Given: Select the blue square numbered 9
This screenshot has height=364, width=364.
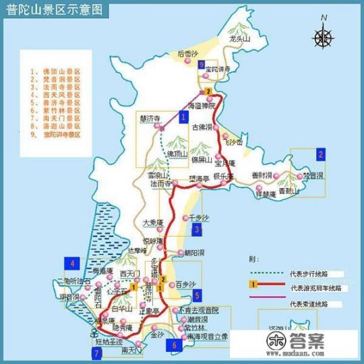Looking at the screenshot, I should (x=202, y=64).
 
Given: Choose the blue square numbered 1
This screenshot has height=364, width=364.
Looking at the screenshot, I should (x=183, y=117).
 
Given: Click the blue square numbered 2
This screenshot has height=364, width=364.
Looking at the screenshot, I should (x=322, y=154).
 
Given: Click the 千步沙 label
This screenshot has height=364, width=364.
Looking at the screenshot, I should (x=200, y=218).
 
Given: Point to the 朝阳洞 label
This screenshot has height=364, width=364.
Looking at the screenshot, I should (x=195, y=253).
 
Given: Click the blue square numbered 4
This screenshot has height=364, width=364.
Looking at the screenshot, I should (x=69, y=263).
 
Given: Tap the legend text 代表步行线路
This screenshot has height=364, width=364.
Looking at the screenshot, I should (x=307, y=274).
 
